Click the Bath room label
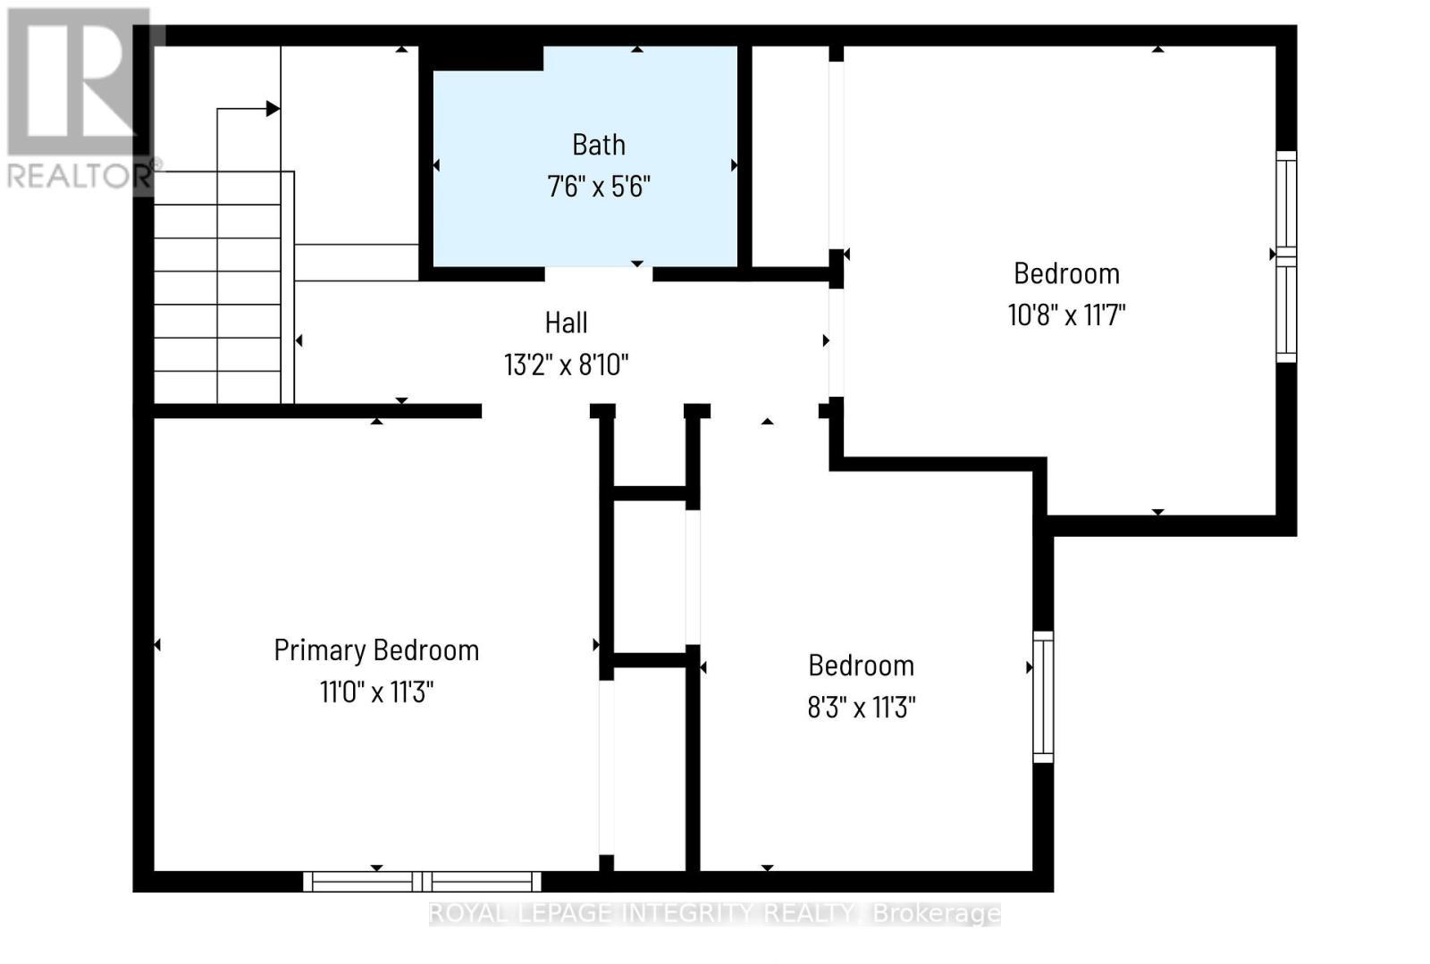(598, 145)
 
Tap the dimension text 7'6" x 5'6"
(598, 187)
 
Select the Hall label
(566, 323)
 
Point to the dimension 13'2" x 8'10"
(566, 365)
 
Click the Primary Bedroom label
(376, 650)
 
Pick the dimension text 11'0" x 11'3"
(376, 692)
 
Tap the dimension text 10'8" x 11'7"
(1066, 314)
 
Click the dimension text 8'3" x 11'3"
(861, 708)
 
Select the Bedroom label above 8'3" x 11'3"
(861, 666)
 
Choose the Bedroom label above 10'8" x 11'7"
(1066, 273)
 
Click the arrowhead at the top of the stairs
(273, 109)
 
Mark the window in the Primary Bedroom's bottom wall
(422, 881)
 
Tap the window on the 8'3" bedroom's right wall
(1043, 697)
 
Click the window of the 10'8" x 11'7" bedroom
(1285, 257)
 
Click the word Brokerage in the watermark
(936, 913)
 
